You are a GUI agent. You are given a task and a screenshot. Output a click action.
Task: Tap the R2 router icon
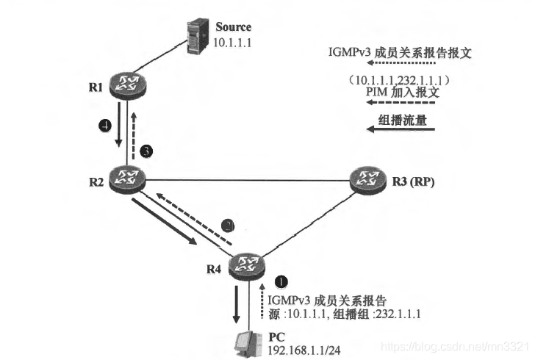point(126,176)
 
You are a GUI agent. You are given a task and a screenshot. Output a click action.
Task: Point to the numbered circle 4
point(105,126)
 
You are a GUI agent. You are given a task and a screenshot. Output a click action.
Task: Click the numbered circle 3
point(147,151)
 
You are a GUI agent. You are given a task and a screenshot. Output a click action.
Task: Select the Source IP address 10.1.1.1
point(232,43)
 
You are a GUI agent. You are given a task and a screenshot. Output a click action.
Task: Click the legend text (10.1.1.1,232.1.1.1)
point(401,78)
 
